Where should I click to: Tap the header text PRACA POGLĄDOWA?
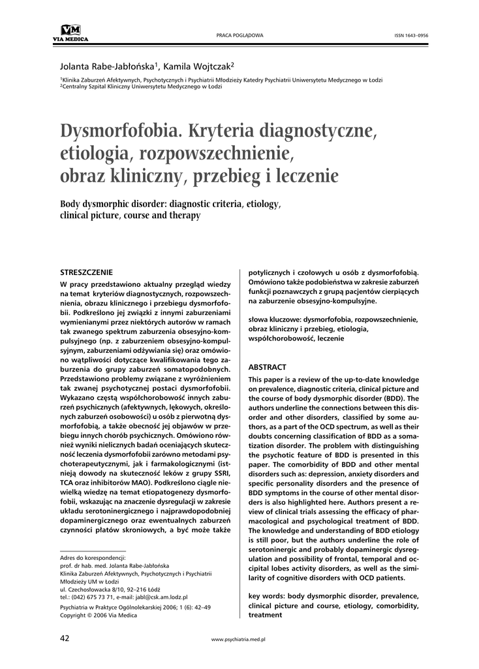[x=239, y=35]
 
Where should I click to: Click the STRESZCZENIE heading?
[x=86, y=272]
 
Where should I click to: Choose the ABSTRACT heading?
[x=268, y=367]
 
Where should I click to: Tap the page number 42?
[x=65, y=638]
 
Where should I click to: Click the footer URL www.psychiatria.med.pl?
[x=239, y=639]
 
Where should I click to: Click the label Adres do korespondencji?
[x=93, y=558]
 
